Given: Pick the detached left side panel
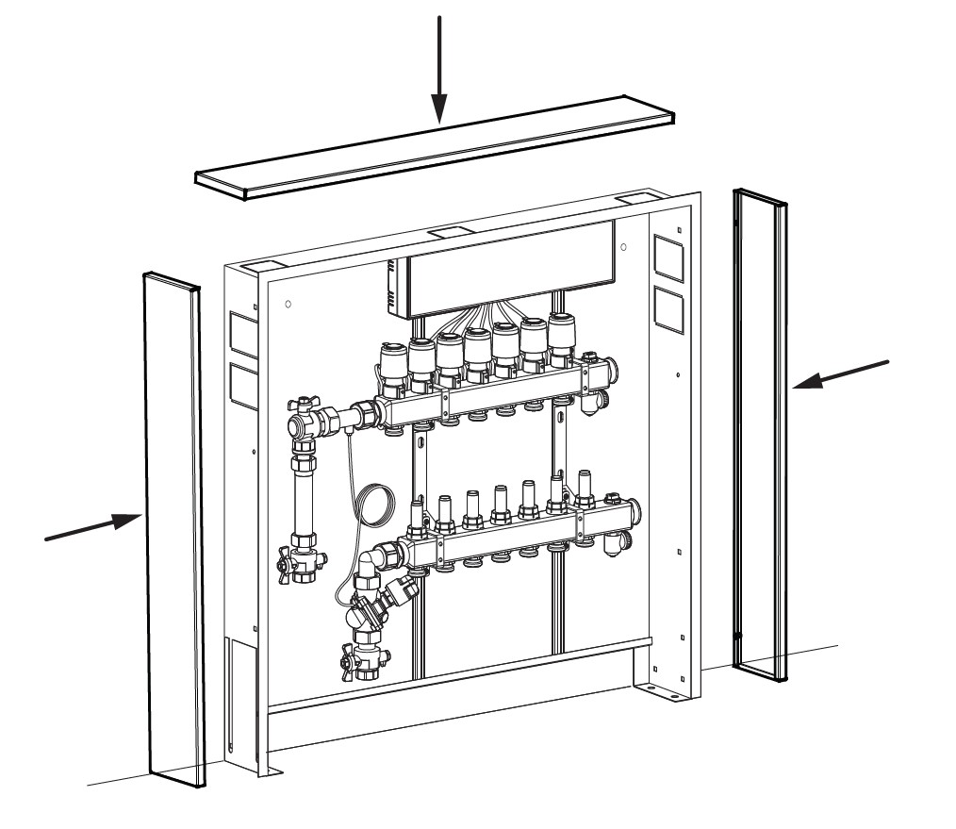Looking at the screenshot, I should coord(173,528).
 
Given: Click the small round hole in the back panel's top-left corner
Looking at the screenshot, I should coord(288,306).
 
